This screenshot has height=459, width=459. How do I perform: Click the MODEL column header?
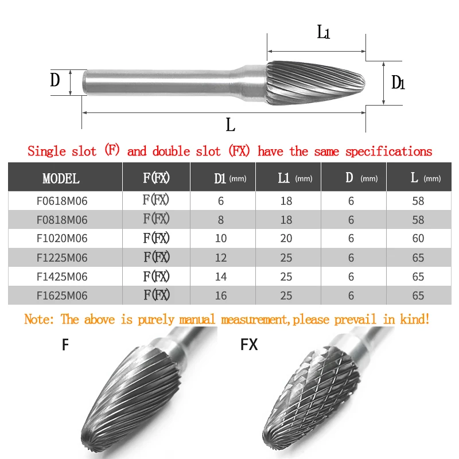tap(61, 178)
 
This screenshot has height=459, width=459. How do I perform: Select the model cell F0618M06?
tap(61, 201)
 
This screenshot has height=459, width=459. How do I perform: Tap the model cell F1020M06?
tap(61, 238)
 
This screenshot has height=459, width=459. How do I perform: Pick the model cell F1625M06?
tap(61, 295)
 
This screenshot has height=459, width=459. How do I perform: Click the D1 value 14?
tap(221, 277)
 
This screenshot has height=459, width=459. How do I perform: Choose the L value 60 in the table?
tap(418, 238)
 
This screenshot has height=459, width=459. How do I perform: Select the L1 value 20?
tap(286, 238)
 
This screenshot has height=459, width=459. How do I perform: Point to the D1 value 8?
tap(221, 220)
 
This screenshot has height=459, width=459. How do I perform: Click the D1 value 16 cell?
tap(221, 295)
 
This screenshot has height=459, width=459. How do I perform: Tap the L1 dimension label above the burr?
tap(324, 33)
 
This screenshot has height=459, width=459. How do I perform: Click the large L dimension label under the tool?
tap(231, 124)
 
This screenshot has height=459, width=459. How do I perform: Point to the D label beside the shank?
tap(55, 80)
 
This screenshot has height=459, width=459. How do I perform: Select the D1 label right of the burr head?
tap(398, 83)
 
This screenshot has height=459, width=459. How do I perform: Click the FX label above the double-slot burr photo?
tap(249, 345)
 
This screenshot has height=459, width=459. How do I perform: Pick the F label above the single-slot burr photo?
tap(65, 345)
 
